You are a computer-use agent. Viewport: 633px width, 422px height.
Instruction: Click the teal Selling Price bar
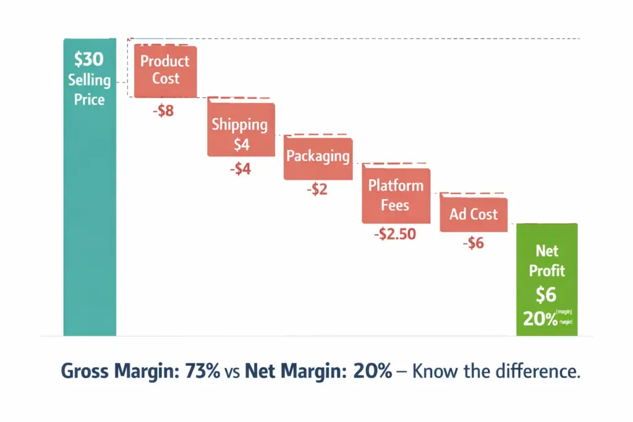[x=89, y=216]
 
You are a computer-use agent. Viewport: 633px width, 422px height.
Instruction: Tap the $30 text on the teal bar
[x=89, y=60]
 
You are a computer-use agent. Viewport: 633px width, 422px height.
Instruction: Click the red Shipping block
[x=240, y=133]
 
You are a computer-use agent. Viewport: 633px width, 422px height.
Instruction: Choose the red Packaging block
[x=318, y=157]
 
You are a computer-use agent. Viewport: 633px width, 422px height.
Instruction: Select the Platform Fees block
[x=396, y=195]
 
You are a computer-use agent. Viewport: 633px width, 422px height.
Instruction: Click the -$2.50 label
[x=394, y=234]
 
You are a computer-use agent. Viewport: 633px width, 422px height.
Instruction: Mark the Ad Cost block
[x=473, y=214]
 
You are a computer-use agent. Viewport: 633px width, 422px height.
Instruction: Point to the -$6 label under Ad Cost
[x=473, y=243]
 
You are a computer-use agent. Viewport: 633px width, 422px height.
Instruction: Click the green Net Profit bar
[x=546, y=278]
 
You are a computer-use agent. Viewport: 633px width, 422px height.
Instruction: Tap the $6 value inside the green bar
[x=546, y=295]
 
